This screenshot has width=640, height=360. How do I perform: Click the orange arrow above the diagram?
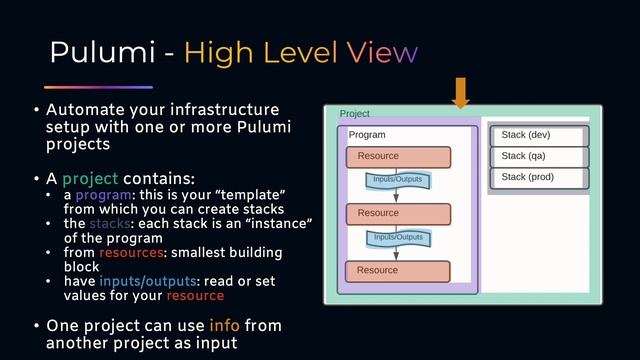(460, 91)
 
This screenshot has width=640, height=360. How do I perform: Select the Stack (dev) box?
(538, 135)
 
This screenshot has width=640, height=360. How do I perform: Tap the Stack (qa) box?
(538, 157)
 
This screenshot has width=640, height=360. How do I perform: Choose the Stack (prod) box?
(538, 179)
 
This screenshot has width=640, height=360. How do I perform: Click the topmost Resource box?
(398, 157)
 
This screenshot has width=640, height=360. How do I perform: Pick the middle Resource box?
(398, 214)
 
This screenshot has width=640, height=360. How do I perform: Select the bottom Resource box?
(398, 271)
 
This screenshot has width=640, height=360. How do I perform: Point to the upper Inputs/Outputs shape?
(397, 181)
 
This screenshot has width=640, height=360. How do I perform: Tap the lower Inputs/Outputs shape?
(397, 238)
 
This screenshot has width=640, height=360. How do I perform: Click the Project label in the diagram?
(354, 114)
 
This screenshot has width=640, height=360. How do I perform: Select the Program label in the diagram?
(367, 135)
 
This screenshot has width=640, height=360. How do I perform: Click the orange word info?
(224, 327)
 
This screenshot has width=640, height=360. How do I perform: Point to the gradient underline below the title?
(98, 87)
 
